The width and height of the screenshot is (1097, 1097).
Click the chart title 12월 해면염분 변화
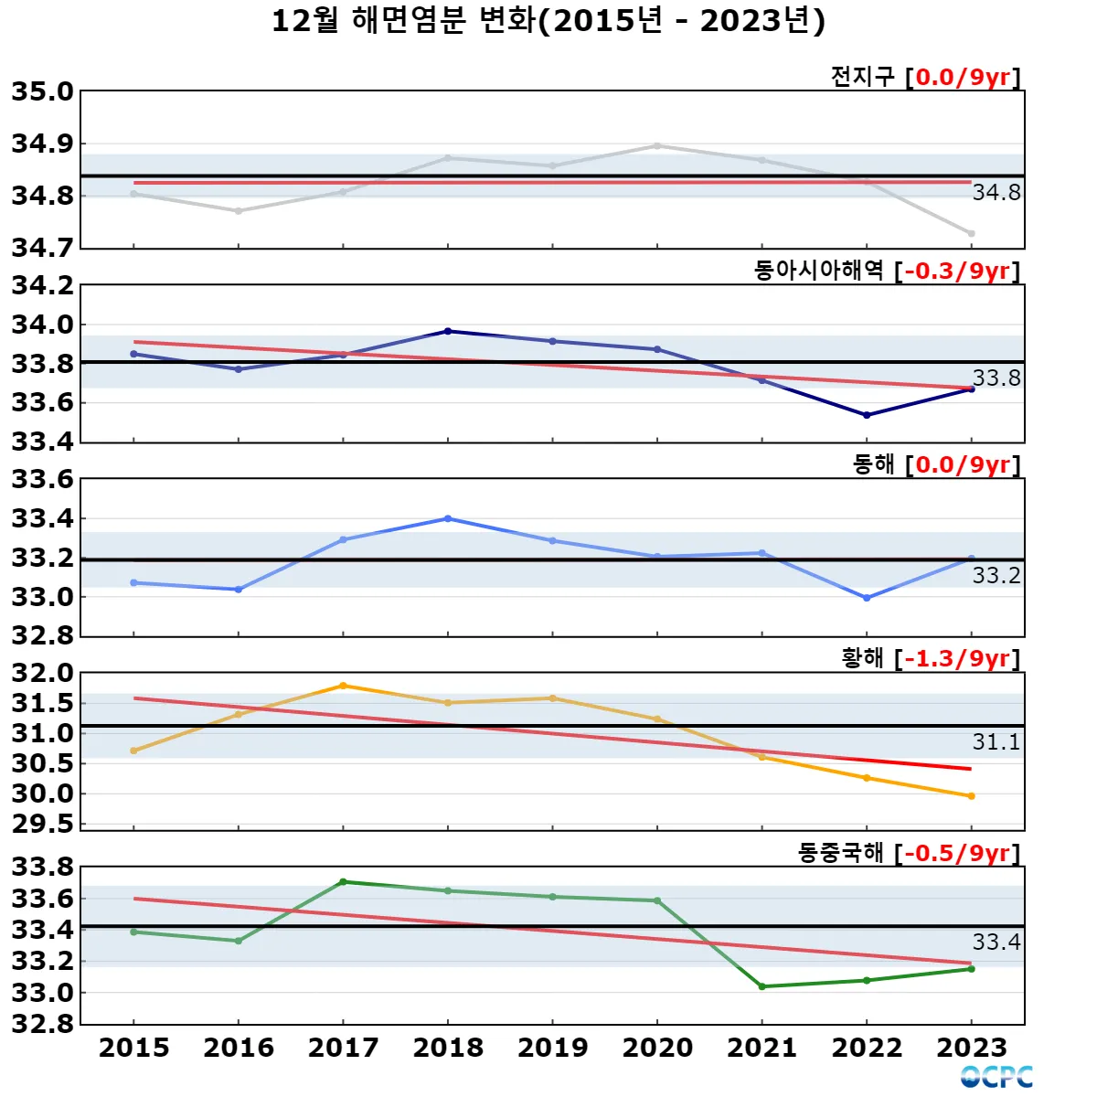point(548,20)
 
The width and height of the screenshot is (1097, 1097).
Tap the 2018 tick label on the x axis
point(448,1048)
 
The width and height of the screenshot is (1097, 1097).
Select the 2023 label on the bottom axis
point(972,1048)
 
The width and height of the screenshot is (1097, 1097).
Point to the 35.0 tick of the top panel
point(42,91)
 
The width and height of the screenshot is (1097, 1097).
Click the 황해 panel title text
point(862,658)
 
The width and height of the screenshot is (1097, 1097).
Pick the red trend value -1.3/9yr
point(957,658)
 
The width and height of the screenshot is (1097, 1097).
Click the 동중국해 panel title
point(840,853)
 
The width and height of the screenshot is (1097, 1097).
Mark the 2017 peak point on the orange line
point(343,686)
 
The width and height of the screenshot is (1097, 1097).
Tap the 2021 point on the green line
point(762,986)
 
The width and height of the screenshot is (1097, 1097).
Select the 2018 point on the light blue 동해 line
point(448,518)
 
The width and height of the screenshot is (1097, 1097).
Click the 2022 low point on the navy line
point(867,415)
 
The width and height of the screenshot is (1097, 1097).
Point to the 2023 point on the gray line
point(972,234)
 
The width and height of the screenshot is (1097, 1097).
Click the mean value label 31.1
point(996,741)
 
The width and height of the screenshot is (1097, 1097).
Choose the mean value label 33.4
point(996,942)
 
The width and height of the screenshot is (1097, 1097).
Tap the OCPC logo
point(996,1077)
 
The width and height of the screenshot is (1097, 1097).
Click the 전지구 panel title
point(862,77)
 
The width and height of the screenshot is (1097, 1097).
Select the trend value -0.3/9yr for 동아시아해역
point(957,271)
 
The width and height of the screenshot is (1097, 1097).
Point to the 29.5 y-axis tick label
point(42,824)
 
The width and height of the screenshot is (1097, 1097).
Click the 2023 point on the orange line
point(972,796)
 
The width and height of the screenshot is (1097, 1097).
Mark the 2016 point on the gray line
point(239,211)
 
